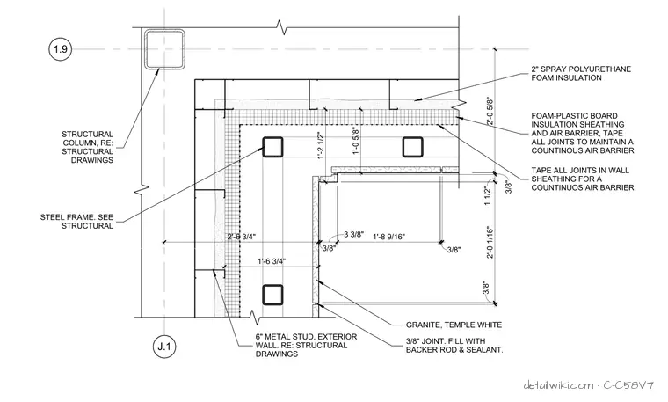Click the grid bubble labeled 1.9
tap(60, 49)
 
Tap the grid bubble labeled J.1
tap(164, 347)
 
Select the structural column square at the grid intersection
tap(164, 49)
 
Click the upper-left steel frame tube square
tap(272, 147)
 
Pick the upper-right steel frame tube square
tap(412, 147)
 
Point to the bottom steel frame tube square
tap(272, 295)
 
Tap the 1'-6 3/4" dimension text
tap(272, 261)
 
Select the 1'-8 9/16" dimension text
tap(389, 237)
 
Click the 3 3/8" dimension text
tap(353, 234)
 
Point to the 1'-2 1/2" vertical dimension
tap(321, 145)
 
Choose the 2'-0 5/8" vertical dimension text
tap(490, 112)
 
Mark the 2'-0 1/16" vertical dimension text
tap(490, 242)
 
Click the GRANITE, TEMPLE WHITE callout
tap(454, 325)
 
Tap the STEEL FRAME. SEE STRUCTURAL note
tap(76, 222)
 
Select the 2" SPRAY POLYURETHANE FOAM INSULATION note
tap(581, 73)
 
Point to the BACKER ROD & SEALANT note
tap(454, 349)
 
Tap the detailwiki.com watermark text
tap(558, 385)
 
